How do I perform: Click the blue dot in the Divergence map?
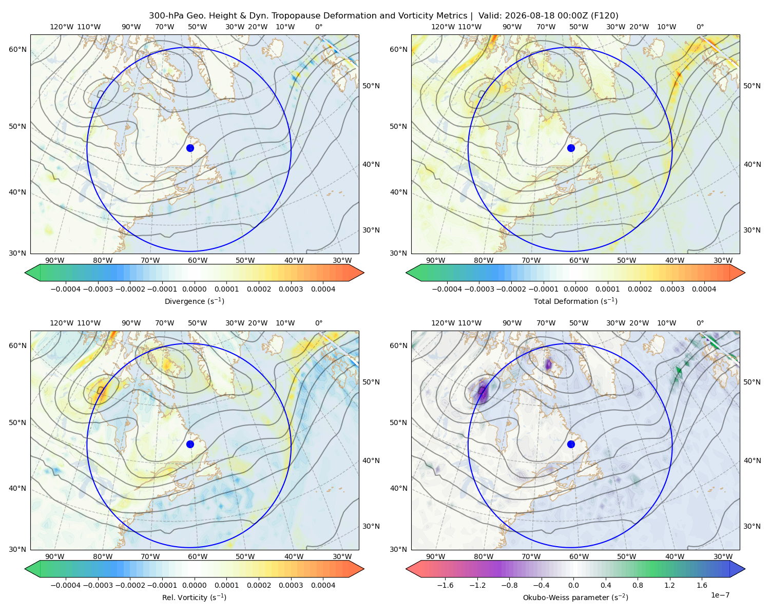(190, 148)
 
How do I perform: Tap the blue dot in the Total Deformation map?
(571, 148)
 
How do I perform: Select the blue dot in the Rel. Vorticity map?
(190, 444)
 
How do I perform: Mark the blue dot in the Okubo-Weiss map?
(571, 444)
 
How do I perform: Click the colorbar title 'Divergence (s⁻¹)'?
(194, 301)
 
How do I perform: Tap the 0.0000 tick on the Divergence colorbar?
(194, 289)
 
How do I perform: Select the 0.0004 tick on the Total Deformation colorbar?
(704, 289)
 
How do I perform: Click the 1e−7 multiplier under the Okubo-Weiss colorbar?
(720, 595)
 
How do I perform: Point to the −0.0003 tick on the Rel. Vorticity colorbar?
(98, 585)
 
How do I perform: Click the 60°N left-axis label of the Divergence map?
(17, 49)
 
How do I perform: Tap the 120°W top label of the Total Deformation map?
(443, 27)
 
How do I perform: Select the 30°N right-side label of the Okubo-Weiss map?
(752, 526)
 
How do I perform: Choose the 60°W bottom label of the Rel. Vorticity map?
(198, 556)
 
